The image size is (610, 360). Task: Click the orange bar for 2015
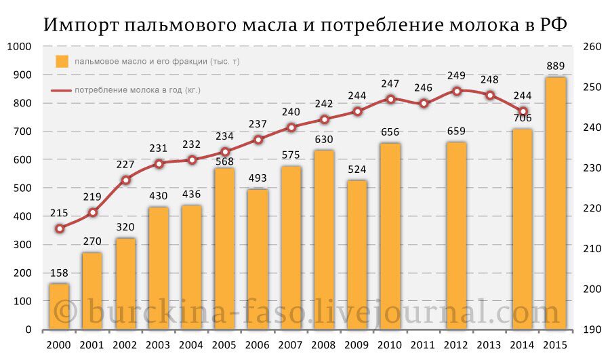pyautogui.click(x=556, y=203)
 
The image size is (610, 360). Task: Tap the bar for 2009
pyautogui.click(x=357, y=255)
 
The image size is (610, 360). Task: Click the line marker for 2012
pyautogui.click(x=457, y=91)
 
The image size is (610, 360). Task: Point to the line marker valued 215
pyautogui.click(x=60, y=228)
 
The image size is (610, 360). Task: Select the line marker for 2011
pyautogui.click(x=424, y=104)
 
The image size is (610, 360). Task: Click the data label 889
pyautogui.click(x=556, y=66)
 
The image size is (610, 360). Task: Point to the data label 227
pyautogui.click(x=125, y=164)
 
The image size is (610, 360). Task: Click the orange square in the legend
pyautogui.click(x=62, y=61)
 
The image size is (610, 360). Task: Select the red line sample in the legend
pyautogui.click(x=61, y=89)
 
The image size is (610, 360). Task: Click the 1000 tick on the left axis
pyautogui.click(x=20, y=47)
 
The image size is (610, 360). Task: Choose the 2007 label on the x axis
pyautogui.click(x=290, y=345)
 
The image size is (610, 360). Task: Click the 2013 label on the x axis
pyautogui.click(x=489, y=345)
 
